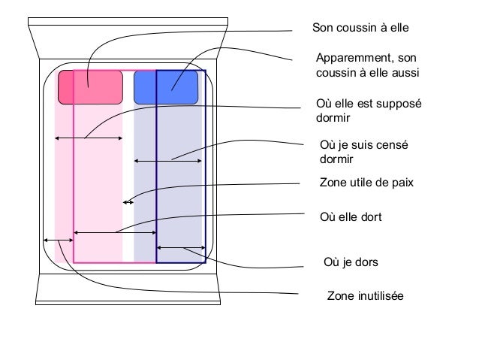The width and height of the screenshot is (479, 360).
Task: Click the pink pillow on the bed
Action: pos(91,87)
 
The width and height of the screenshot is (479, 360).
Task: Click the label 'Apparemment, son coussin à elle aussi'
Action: pos(367,65)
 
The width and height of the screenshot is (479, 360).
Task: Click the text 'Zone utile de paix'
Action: pos(367,182)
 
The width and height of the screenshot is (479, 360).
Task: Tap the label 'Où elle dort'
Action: pos(350,217)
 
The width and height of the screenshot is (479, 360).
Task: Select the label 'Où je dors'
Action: pos(350,262)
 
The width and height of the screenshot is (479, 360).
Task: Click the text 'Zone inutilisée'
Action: pos(365,297)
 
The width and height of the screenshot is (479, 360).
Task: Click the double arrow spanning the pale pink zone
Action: pos(89,138)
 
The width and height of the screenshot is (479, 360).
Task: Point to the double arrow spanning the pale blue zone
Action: pos(167,161)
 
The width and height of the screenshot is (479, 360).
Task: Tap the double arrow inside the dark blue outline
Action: pos(181,248)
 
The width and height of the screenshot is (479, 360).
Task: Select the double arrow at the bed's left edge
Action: pos(58,240)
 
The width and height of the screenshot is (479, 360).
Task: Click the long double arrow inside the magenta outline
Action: pos(114,232)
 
